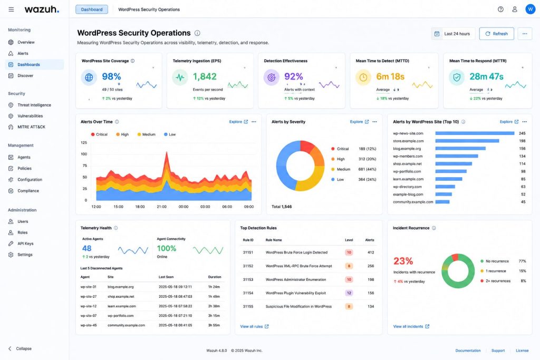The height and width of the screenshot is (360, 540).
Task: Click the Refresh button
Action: click(x=496, y=34)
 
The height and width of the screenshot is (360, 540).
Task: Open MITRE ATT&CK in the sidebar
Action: click(x=31, y=127)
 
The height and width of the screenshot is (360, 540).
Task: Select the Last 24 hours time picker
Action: click(x=453, y=34)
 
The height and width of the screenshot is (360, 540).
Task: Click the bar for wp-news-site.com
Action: click(x=475, y=133)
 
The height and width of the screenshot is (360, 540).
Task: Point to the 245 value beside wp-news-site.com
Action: click(x=522, y=133)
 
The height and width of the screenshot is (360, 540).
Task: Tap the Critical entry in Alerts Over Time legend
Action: click(x=99, y=134)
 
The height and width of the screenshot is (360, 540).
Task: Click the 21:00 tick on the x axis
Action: click(x=161, y=207)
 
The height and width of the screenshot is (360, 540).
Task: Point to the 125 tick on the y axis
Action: click(x=84, y=142)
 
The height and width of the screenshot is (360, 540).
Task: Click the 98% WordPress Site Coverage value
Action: click(x=111, y=76)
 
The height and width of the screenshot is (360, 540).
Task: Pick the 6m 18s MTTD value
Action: click(x=390, y=76)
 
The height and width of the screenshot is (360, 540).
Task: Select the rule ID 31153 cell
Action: click(x=248, y=279)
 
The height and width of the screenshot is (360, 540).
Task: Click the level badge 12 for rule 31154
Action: click(x=349, y=293)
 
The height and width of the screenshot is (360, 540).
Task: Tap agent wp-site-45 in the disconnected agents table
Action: click(x=89, y=325)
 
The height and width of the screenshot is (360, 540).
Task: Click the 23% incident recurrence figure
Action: click(x=403, y=261)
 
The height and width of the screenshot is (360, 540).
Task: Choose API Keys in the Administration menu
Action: click(x=25, y=244)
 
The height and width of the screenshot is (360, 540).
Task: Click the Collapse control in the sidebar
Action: click(x=20, y=348)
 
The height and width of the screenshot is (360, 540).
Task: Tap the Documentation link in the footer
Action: click(x=468, y=351)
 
